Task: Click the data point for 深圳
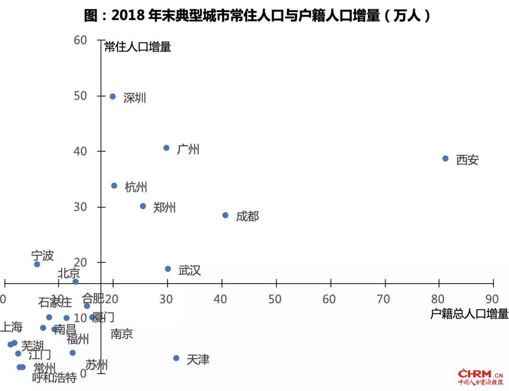pos(113,97)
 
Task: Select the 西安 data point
pos(445,159)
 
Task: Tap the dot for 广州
pos(166,148)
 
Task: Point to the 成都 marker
pos(225,215)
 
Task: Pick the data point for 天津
pos(176,358)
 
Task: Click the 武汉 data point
pos(168,269)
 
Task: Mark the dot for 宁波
pos(37,264)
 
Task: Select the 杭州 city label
pos(136,187)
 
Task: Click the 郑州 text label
pos(164,208)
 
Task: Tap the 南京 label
pos(122,334)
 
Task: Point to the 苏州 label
pos(97,365)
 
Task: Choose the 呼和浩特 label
pos(54,378)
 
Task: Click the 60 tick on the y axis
pos(81,40)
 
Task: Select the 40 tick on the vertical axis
pos(81,151)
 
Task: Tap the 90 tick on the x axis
pos(492,299)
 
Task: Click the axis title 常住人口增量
pos(137,47)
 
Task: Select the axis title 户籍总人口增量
pos(469,314)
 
